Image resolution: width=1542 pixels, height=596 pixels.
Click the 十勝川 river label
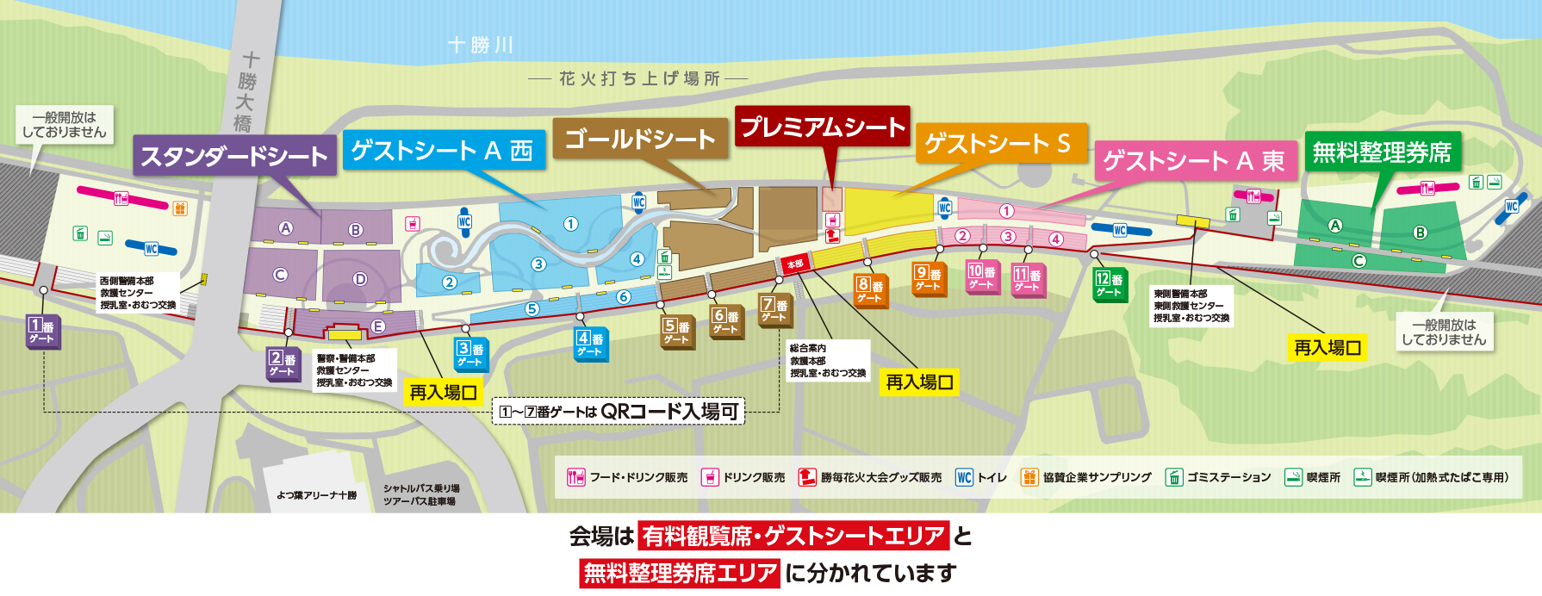(481, 45)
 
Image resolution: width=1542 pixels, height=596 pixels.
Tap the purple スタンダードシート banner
(234, 156)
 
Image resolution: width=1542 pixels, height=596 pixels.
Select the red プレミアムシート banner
(823, 127)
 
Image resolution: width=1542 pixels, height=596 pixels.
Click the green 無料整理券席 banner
(1382, 152)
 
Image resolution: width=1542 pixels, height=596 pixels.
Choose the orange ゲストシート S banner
(998, 143)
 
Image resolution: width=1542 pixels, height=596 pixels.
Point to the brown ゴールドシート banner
(640, 139)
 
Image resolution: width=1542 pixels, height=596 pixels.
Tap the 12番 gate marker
(1109, 284)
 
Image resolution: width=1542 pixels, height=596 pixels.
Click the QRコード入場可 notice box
(619, 412)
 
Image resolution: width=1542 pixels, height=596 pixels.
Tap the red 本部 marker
(794, 264)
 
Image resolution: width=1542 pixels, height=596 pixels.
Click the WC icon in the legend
(964, 477)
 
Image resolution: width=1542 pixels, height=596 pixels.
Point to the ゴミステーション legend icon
(1173, 477)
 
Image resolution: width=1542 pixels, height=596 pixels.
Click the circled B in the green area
(1420, 233)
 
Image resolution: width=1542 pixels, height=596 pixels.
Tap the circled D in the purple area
(360, 279)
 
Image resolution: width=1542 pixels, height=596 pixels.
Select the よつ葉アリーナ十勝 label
(316, 495)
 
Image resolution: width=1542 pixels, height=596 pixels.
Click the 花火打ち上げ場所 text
(639, 79)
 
